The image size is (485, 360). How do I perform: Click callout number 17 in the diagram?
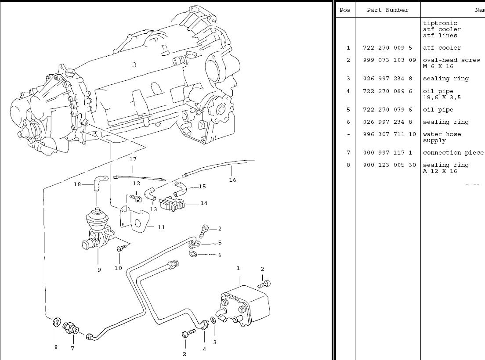click(x=133, y=159)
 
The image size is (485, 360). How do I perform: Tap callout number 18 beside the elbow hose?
click(x=77, y=184)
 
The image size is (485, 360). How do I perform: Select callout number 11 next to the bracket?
click(x=162, y=227)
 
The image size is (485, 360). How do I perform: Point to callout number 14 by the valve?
click(x=204, y=203)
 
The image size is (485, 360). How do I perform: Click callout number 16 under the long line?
click(x=232, y=180)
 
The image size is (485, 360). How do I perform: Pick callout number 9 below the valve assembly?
click(x=99, y=270)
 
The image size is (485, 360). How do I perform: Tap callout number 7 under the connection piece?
click(x=72, y=348)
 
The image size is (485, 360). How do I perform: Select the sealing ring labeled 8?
click(x=57, y=322)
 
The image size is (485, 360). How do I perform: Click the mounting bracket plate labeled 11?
click(x=134, y=218)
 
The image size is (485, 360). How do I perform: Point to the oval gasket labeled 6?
click(x=193, y=254)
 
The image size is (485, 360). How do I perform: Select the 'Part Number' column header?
click(x=387, y=10)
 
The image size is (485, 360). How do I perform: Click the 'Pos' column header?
click(x=345, y=10)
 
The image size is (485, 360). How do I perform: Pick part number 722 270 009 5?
click(x=387, y=48)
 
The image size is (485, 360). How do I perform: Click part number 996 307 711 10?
click(x=389, y=134)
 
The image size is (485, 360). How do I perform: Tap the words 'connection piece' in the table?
click(x=453, y=153)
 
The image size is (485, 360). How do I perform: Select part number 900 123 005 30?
click(x=389, y=165)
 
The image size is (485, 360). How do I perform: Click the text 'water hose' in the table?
click(x=442, y=134)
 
